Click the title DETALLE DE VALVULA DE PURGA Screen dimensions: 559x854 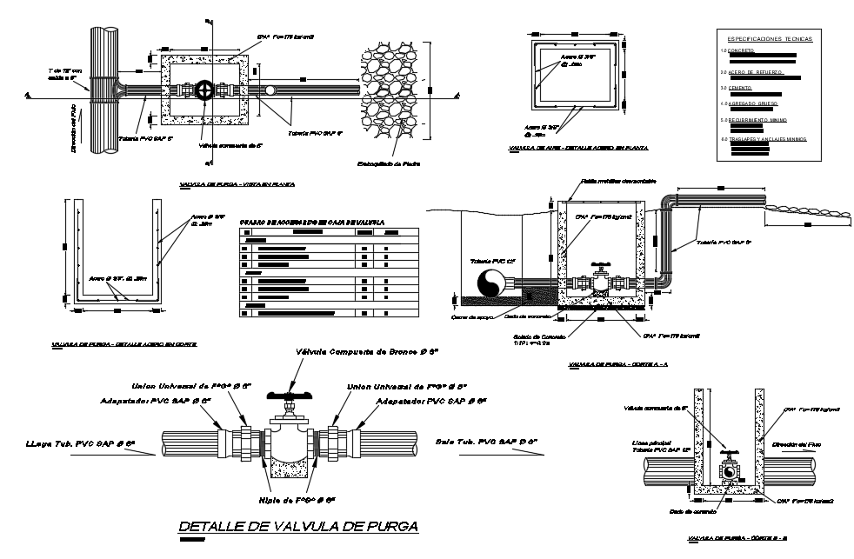(x=297, y=527)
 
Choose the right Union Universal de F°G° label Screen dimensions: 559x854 (x=408, y=386)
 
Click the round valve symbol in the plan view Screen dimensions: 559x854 (x=205, y=90)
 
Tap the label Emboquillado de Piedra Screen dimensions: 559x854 (x=390, y=163)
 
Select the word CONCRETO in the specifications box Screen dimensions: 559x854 (x=742, y=51)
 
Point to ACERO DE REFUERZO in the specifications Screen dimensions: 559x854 (x=754, y=70)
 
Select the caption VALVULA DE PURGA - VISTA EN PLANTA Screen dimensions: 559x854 (x=237, y=184)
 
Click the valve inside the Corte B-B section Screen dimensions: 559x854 (x=730, y=469)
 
